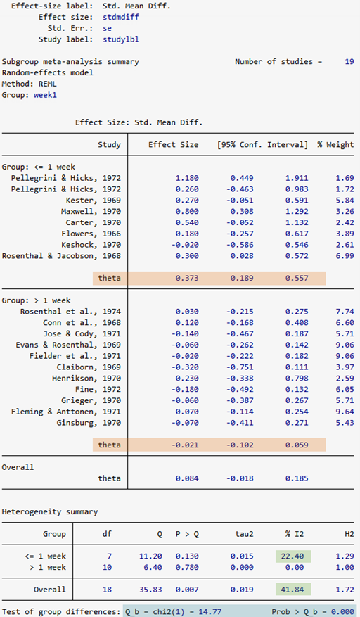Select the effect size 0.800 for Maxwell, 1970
pos(187,211)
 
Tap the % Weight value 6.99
pos(345,256)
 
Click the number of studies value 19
pos(349,61)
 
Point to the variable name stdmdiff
pos(121,17)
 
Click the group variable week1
pos(45,95)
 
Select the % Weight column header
pos(335,145)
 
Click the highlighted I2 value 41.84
pos(292,590)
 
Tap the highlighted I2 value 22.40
pos(292,556)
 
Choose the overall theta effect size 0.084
pos(187,478)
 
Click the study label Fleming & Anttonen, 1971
pos(65,412)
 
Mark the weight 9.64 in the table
pos(345,412)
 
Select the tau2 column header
pos(244,534)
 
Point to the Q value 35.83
pos(150,590)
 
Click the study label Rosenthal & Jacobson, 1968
pos(61,256)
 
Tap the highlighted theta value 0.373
pos(187,278)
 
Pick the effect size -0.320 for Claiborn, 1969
pos(185,367)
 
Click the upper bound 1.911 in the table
pos(297,178)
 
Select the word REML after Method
pos(48,84)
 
